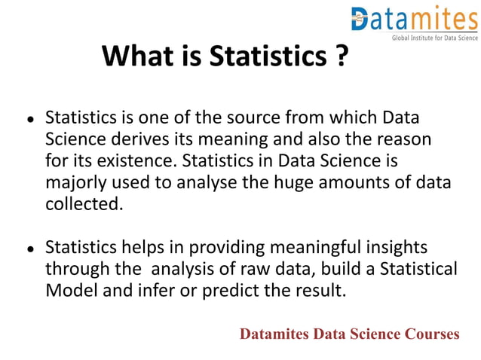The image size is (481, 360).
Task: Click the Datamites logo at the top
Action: [x=414, y=19]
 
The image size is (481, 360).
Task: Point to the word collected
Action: [x=83, y=204]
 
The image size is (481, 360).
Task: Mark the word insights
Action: [x=396, y=248]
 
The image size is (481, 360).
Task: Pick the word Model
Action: [x=71, y=291]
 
